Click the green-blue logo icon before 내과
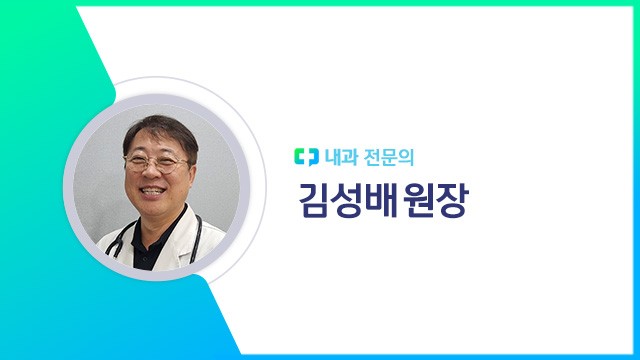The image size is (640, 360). [303, 156]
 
